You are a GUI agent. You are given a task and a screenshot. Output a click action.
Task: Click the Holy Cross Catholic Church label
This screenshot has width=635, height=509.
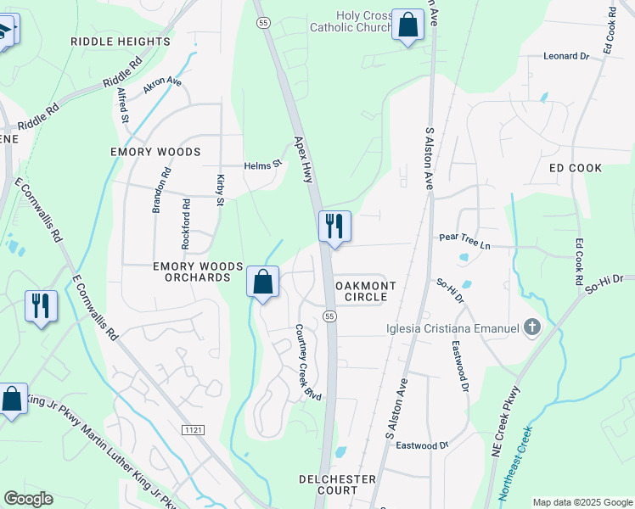pos(350,20)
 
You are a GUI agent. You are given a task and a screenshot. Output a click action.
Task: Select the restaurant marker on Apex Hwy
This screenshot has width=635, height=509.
pos(334,226)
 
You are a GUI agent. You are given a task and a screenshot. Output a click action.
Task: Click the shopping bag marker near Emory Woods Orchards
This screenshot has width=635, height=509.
pos(262,281)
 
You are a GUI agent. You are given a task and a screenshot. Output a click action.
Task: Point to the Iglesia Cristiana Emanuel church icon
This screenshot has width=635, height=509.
pos(531,327)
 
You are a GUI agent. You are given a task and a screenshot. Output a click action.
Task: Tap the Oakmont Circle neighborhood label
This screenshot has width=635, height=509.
pos(366,292)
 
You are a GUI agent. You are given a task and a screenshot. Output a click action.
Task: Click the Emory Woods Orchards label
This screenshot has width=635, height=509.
pos(192,271)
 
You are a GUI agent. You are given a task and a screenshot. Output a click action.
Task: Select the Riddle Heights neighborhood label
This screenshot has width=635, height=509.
pos(105,41)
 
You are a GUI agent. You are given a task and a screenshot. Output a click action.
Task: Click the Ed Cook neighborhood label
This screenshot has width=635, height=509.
pos(576,168)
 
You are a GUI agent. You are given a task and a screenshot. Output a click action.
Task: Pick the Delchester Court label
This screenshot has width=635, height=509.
pos(337,484)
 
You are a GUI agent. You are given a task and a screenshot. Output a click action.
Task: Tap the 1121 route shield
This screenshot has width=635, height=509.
pos(192,431)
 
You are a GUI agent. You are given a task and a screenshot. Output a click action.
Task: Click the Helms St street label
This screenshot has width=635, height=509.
pos(262,165)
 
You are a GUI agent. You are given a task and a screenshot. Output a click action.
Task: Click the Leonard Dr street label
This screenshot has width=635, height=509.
pos(566,56)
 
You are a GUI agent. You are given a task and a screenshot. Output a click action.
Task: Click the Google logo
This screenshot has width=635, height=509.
pos(28,499)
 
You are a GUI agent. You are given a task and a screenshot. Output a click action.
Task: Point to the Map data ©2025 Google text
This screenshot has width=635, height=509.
pos(582,502)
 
